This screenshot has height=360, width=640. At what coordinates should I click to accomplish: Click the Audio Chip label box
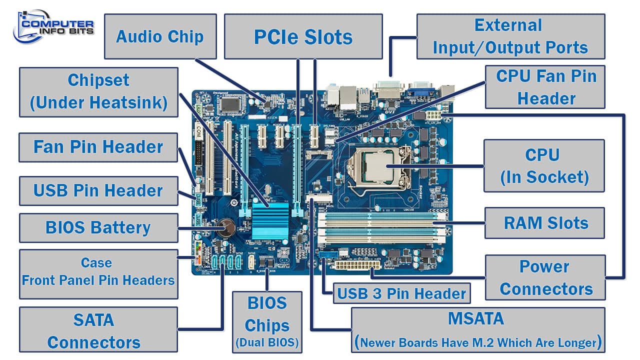click(x=160, y=36)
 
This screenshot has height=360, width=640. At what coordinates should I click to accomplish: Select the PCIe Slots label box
click(x=303, y=36)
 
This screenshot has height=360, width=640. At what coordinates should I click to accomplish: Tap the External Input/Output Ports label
click(x=510, y=36)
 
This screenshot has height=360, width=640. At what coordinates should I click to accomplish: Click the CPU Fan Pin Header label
click(x=545, y=87)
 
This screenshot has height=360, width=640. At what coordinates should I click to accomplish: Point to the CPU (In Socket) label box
click(x=544, y=165)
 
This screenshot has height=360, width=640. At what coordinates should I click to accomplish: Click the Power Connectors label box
click(x=545, y=277)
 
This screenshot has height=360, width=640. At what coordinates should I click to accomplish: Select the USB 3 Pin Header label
click(x=401, y=293)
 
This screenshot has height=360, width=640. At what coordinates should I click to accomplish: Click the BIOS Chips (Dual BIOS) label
click(x=267, y=321)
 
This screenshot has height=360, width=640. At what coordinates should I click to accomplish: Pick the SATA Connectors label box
click(x=98, y=330)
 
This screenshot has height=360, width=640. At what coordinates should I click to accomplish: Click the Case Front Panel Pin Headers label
click(x=98, y=271)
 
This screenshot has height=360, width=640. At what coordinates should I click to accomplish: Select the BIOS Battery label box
click(x=98, y=227)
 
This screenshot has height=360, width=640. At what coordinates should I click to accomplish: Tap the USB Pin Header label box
click(x=98, y=190)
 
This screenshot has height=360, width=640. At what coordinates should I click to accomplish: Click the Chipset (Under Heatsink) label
click(x=98, y=91)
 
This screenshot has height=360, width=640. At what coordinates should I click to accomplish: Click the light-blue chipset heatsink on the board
click(x=270, y=220)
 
